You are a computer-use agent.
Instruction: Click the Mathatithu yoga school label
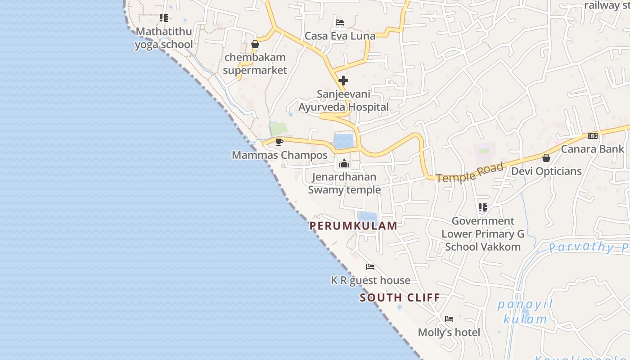pyautogui.click(x=164, y=38)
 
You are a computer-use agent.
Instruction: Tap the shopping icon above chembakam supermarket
pyautogui.click(x=255, y=44)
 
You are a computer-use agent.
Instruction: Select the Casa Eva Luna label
pyautogui.click(x=340, y=36)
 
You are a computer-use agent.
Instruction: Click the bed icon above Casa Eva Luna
pyautogui.click(x=340, y=22)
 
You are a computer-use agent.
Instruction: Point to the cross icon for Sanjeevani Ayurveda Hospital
pyautogui.click(x=343, y=81)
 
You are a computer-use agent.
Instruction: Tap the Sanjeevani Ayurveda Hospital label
pyautogui.click(x=343, y=100)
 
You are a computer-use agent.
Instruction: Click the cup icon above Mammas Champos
pyautogui.click(x=279, y=142)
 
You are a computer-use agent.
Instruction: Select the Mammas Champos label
pyautogui.click(x=279, y=155)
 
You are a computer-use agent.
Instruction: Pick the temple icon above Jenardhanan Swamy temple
pyautogui.click(x=345, y=163)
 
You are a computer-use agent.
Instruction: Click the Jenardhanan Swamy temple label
pyautogui.click(x=344, y=183)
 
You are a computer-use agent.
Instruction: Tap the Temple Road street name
pyautogui.click(x=469, y=173)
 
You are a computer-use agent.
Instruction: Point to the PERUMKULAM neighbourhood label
pyautogui.click(x=353, y=226)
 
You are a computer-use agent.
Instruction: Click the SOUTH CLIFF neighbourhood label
pyautogui.click(x=400, y=297)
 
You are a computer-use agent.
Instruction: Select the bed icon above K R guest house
pyautogui.click(x=370, y=267)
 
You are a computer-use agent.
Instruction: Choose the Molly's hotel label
pyautogui.click(x=449, y=333)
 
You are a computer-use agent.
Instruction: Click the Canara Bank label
pyautogui.click(x=592, y=149)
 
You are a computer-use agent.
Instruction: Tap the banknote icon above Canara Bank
pyautogui.click(x=592, y=135)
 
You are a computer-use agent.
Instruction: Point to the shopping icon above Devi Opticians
pyautogui.click(x=546, y=158)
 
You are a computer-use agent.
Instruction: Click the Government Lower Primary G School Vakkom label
pyautogui.click(x=483, y=234)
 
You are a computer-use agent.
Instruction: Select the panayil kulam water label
pyautogui.click(x=525, y=312)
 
